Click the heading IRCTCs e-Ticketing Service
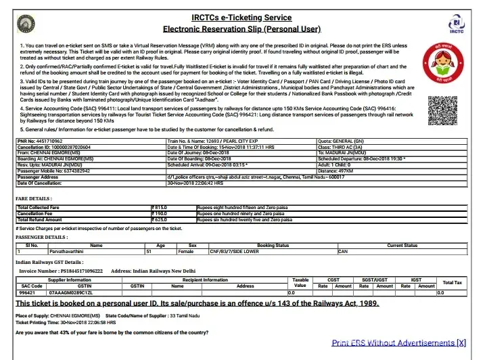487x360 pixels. (241, 18)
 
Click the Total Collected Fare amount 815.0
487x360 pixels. (160, 206)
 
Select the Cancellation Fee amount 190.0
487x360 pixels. (160, 213)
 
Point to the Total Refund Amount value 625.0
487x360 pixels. (160, 220)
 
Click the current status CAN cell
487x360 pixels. (343, 251)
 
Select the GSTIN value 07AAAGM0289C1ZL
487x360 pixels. (70, 293)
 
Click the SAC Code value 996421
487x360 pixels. (27, 293)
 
